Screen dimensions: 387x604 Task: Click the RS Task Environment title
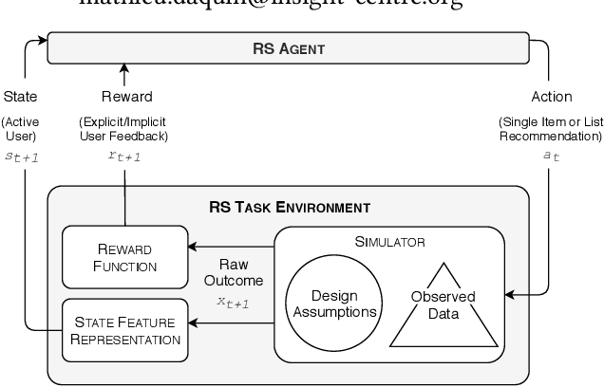point(289,206)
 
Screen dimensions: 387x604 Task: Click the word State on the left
point(21,96)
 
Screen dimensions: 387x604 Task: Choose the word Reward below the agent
point(126,96)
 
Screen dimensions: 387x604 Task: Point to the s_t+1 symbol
point(21,156)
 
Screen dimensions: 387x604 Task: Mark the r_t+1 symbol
point(125,156)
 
